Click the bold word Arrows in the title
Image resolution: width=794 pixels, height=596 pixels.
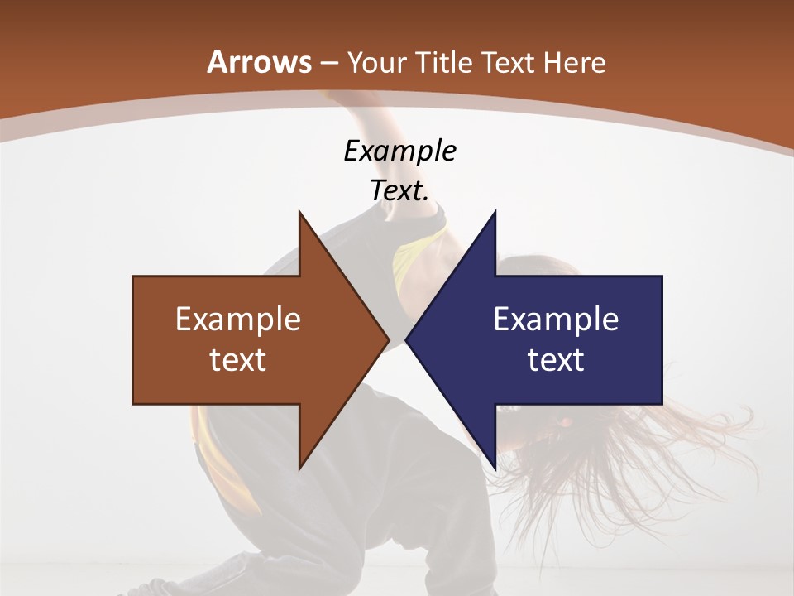pyautogui.click(x=260, y=62)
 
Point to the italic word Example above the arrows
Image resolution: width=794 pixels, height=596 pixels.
pyautogui.click(x=399, y=151)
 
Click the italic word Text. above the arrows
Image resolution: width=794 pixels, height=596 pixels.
pyautogui.click(x=399, y=190)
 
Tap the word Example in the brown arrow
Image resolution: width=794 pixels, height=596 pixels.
pyautogui.click(x=238, y=320)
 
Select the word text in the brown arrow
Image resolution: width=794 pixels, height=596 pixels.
pyautogui.click(x=238, y=360)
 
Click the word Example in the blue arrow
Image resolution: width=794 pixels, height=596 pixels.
pyautogui.click(x=556, y=320)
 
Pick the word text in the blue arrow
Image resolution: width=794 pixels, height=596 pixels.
pyautogui.click(x=556, y=360)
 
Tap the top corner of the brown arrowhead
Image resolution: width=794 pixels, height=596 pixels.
pyautogui.click(x=299, y=212)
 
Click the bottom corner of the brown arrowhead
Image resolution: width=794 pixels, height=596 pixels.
pyautogui.click(x=299, y=469)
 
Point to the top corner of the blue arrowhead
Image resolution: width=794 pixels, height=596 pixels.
pyautogui.click(x=495, y=212)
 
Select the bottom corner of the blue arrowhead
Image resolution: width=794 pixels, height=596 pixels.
pyautogui.click(x=495, y=469)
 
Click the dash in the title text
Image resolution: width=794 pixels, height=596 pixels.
pyautogui.click(x=329, y=64)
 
